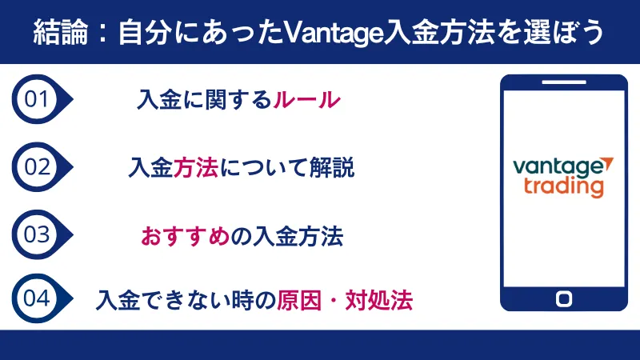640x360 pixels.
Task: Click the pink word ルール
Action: [307, 100]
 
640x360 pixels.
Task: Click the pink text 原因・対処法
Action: [345, 301]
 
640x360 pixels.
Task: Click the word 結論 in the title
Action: [59, 33]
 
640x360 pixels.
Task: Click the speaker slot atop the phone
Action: [563, 82]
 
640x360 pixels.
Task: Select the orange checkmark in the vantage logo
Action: [609, 163]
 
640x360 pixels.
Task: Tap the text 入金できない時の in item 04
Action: [186, 301]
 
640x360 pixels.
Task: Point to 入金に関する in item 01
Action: [204, 100]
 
